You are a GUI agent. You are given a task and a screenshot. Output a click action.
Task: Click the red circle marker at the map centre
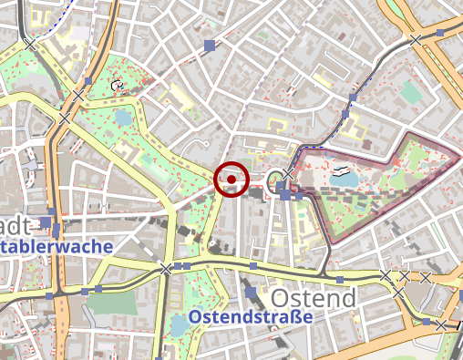[231, 180]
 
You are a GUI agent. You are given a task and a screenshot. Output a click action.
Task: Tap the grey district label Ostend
[313, 299]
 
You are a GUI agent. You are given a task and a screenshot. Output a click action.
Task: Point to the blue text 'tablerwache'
[57, 246]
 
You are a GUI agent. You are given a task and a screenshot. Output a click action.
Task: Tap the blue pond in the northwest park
[124, 118]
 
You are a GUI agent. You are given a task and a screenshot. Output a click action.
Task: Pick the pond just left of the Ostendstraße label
[179, 325]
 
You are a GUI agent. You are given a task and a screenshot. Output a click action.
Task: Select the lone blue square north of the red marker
[210, 45]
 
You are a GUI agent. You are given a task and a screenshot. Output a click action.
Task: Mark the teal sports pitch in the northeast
[412, 93]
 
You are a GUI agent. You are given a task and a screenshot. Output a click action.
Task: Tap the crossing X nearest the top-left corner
[32, 43]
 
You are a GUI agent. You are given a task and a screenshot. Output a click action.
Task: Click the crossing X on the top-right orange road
[416, 40]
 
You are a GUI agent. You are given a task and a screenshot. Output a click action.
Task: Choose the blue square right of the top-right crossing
[440, 34]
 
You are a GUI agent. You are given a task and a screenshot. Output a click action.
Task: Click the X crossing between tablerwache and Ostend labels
[166, 269]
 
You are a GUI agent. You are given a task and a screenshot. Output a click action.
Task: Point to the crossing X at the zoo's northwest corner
[289, 173]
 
